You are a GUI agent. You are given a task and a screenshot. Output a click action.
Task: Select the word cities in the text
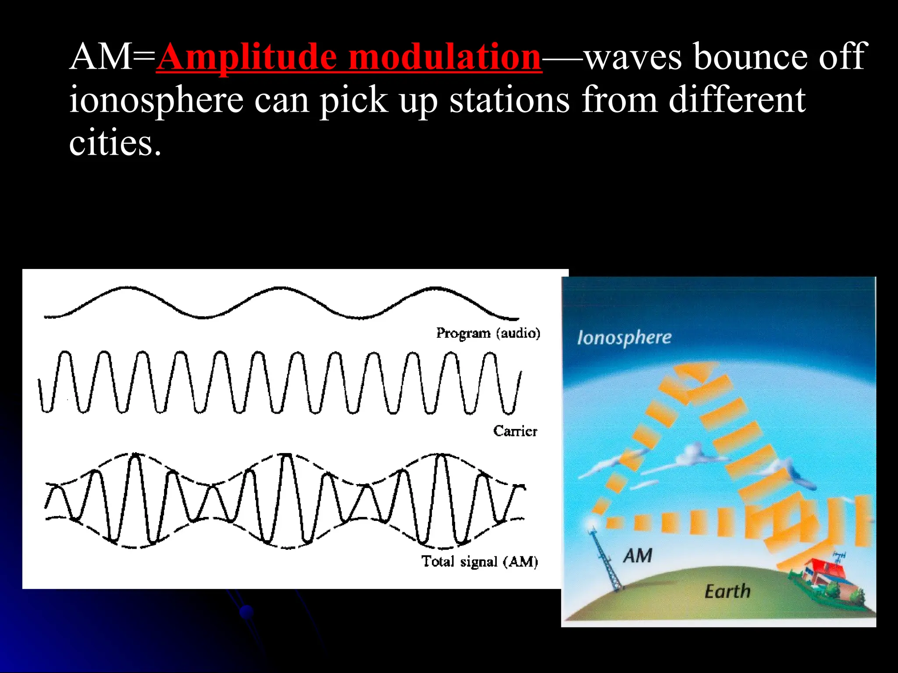point(115,144)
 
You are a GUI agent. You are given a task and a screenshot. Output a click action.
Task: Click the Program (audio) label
point(488,333)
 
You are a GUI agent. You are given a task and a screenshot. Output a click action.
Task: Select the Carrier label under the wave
point(515,431)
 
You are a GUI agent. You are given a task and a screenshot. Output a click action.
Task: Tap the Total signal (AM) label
point(480,561)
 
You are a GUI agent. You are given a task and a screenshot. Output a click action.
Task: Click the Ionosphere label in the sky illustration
point(624,337)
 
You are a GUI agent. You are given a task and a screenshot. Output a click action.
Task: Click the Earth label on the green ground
point(727,592)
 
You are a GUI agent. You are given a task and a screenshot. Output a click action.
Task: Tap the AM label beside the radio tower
point(638,556)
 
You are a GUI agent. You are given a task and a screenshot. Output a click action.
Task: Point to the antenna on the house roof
point(839,557)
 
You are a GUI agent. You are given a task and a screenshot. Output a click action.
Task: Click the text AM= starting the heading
point(112,57)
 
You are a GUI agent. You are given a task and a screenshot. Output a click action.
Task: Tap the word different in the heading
point(737,100)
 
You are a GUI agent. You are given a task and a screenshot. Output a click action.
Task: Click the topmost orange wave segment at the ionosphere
point(695,372)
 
